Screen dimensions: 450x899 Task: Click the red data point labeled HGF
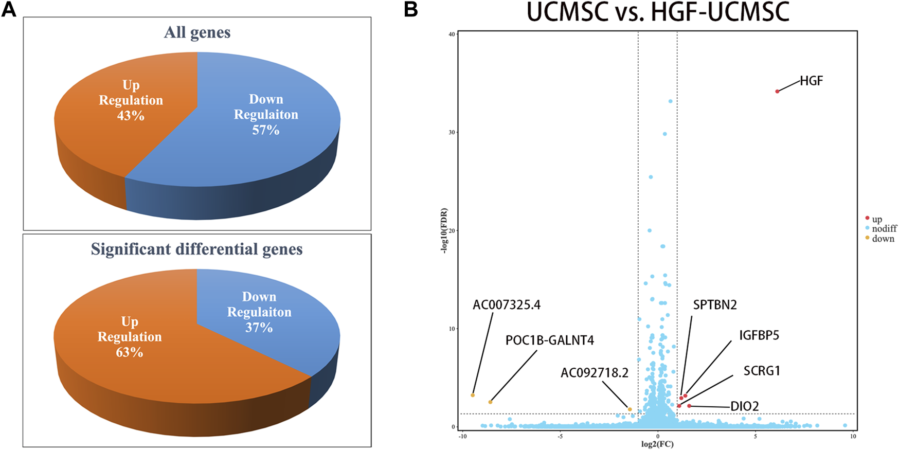pyautogui.click(x=777, y=92)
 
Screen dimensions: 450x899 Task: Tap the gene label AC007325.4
pyautogui.click(x=507, y=305)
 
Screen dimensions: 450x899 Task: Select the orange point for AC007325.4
pyautogui.click(x=473, y=395)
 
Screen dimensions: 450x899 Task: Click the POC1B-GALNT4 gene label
pyautogui.click(x=549, y=340)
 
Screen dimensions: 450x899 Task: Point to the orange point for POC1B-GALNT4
pyautogui.click(x=490, y=402)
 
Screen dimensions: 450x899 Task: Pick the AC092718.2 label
pyautogui.click(x=594, y=373)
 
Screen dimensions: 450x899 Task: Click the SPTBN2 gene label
pyautogui.click(x=715, y=305)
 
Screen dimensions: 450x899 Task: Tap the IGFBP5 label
pyautogui.click(x=759, y=336)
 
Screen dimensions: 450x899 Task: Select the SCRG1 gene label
pyautogui.click(x=762, y=371)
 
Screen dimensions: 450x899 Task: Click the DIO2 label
pyautogui.click(x=745, y=407)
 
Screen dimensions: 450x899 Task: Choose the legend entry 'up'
pyautogui.click(x=877, y=219)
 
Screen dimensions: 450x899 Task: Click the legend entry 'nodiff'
pyautogui.click(x=884, y=228)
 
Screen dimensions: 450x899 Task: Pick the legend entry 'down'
pyautogui.click(x=883, y=239)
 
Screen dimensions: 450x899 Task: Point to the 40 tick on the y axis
pyautogui.click(x=452, y=34)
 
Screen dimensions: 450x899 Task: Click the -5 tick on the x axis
pyautogui.click(x=560, y=437)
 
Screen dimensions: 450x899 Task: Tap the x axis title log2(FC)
pyautogui.click(x=657, y=444)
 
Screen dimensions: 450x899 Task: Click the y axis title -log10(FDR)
pyautogui.click(x=444, y=230)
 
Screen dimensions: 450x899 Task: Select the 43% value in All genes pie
pyautogui.click(x=131, y=116)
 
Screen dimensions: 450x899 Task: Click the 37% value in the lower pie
pyautogui.click(x=259, y=328)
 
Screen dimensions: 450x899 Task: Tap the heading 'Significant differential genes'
pyautogui.click(x=197, y=249)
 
